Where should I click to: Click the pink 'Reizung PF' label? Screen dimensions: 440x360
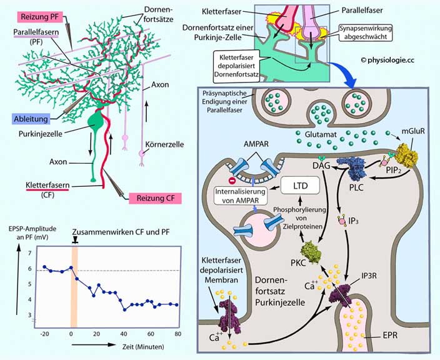pos(40,17)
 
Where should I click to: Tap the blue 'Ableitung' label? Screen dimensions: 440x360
pos(31,119)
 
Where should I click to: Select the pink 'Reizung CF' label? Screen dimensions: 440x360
pos(155,198)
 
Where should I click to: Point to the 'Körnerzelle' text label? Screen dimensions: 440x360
pos(165,144)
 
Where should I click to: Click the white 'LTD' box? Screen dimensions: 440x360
pos(300,186)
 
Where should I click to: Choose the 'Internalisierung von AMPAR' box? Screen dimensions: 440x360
pos(240,196)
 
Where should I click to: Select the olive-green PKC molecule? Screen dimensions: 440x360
pos(311,252)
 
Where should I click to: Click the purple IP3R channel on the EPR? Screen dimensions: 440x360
pos(342,297)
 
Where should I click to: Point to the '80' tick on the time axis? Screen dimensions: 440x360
pos(177,334)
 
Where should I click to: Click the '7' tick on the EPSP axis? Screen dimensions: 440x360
pos(30,253)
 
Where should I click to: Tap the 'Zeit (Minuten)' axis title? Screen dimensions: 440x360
pos(143,346)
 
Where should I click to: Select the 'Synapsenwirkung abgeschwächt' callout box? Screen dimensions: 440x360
pos(366,32)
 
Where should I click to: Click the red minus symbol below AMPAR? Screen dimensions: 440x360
pos(232,181)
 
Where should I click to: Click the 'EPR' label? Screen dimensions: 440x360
pos(390,335)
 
